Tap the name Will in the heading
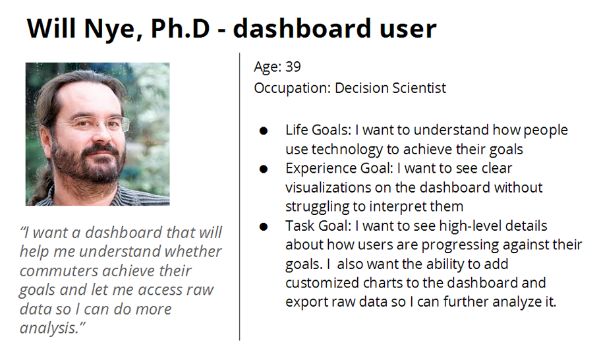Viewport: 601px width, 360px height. coord(51,28)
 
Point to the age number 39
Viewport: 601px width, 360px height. coord(293,67)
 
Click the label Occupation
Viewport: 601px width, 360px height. coord(292,88)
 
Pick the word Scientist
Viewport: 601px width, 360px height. coord(419,88)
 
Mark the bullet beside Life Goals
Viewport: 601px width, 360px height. coord(264,131)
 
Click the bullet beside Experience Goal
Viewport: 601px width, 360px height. coord(264,169)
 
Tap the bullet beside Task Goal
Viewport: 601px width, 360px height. coord(264,227)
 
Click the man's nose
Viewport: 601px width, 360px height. coord(101,135)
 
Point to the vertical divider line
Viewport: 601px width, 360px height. coord(240,196)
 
